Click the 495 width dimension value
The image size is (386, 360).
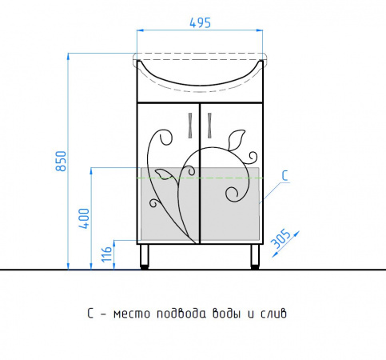[x=200, y=23]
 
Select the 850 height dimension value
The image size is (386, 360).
[x=61, y=161]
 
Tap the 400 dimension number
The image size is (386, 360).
[x=84, y=218]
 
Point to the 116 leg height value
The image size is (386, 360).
[x=106, y=254]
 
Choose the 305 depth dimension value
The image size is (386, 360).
[x=281, y=238]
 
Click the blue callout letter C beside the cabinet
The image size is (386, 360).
[x=285, y=176]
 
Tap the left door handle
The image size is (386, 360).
[x=190, y=126]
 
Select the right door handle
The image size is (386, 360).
[x=209, y=126]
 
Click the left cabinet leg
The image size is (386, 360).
[x=144, y=256]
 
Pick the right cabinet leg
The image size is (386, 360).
[x=255, y=256]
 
